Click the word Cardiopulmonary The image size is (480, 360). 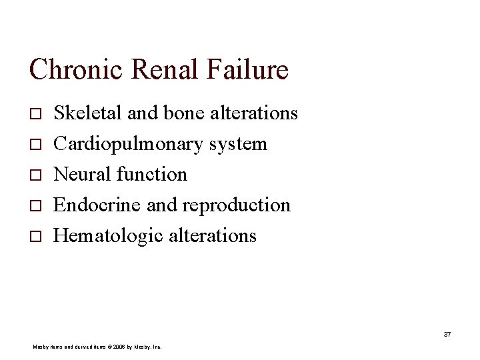pyautogui.click(x=129, y=144)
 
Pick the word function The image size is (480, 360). pyautogui.click(x=151, y=175)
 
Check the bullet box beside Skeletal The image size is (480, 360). pyautogui.click(x=35, y=114)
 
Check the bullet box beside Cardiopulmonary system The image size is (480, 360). pyautogui.click(x=35, y=145)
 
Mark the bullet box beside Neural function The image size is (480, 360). pyautogui.click(x=35, y=175)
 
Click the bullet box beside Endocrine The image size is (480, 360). pyautogui.click(x=35, y=205)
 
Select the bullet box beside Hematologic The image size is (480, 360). pyautogui.click(x=35, y=236)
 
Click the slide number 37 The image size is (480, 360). pyautogui.click(x=447, y=334)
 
